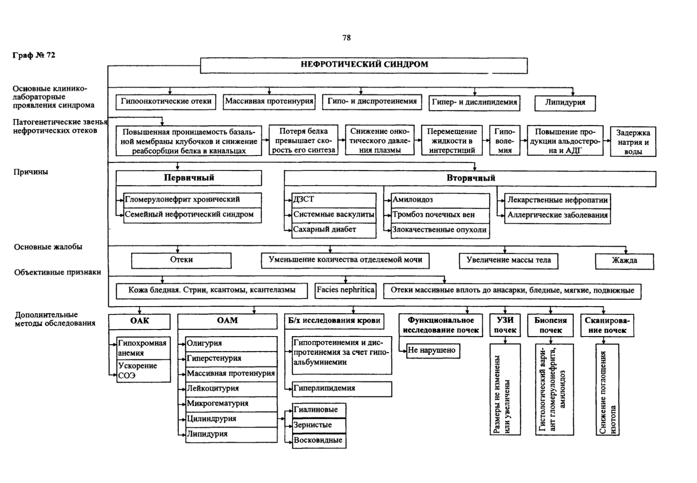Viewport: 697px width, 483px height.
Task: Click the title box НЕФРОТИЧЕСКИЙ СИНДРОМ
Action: pyautogui.click(x=364, y=66)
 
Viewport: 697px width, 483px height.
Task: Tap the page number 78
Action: pyautogui.click(x=347, y=38)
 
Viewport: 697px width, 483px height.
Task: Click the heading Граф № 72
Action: pyautogui.click(x=34, y=55)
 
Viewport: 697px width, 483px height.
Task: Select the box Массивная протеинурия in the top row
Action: pyautogui.click(x=269, y=102)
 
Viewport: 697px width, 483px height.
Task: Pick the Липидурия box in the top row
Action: pyautogui.click(x=565, y=103)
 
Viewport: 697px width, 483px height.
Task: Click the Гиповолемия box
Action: pyautogui.click(x=505, y=141)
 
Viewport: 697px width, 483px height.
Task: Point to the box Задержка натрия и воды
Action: pyautogui.click(x=633, y=141)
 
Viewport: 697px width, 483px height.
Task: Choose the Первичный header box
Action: pyautogui.click(x=189, y=178)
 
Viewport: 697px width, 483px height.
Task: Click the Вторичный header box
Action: pyautogui.click(x=470, y=179)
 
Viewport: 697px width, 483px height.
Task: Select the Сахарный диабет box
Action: pyautogui.click(x=334, y=230)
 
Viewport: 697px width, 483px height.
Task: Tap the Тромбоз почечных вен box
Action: pyautogui.click(x=440, y=215)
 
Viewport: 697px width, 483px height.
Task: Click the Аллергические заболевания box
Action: pyautogui.click(x=557, y=216)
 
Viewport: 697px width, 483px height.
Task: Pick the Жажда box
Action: pyautogui.click(x=624, y=261)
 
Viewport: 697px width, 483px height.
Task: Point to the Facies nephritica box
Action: pyautogui.click(x=346, y=290)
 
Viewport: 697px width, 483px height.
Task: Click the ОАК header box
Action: pyautogui.click(x=140, y=322)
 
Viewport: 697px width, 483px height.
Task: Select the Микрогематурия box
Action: pyautogui.click(x=231, y=404)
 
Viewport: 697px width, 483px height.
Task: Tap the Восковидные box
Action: pyautogui.click(x=319, y=441)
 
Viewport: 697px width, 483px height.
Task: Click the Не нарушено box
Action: pyautogui.click(x=433, y=351)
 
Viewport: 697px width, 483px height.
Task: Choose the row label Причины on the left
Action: pyautogui.click(x=31, y=172)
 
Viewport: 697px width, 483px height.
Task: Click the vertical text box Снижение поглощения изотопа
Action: pyautogui.click(x=607, y=390)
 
